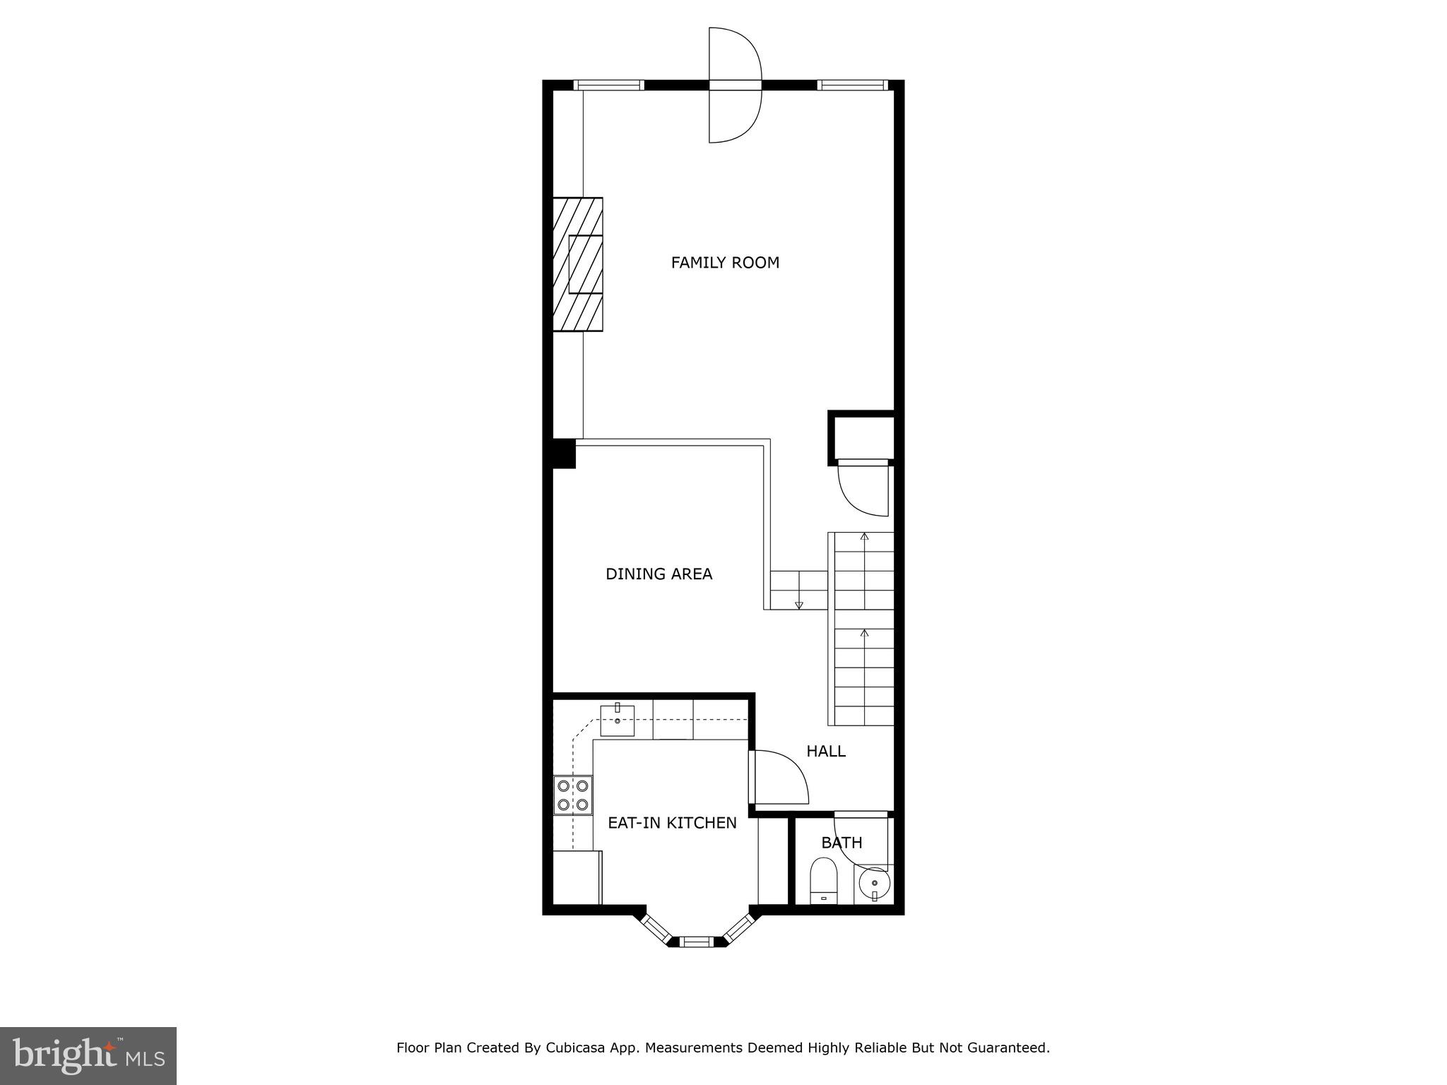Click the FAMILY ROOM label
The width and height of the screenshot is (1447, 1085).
(x=725, y=263)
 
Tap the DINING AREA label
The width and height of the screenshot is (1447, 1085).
(x=658, y=574)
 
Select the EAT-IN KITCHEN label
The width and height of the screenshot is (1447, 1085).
(x=672, y=823)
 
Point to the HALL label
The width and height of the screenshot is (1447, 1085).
(x=826, y=752)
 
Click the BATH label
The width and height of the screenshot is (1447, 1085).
(x=841, y=843)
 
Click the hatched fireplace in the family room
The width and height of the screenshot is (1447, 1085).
(x=578, y=264)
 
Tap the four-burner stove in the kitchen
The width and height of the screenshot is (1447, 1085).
(x=573, y=795)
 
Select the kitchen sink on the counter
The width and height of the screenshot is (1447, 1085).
(x=618, y=721)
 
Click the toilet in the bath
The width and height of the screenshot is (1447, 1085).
(x=824, y=882)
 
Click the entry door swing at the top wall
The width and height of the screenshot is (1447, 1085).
(x=736, y=85)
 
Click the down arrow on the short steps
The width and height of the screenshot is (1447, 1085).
(x=799, y=605)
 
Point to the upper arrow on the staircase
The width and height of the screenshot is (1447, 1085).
(x=864, y=537)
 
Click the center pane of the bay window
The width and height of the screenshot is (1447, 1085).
(x=697, y=941)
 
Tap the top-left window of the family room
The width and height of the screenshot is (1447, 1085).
(x=608, y=85)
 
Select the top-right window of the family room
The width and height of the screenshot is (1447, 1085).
(x=851, y=85)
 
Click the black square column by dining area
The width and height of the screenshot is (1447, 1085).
(x=564, y=453)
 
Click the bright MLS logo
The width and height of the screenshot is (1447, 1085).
(x=88, y=1056)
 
